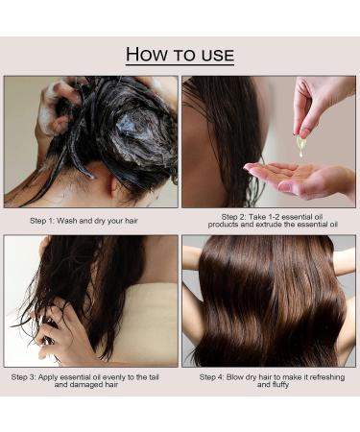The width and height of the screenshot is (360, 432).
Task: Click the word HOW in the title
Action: point(147,54)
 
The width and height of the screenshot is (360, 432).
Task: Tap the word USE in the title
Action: point(218,55)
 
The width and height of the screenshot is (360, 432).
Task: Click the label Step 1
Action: point(42,221)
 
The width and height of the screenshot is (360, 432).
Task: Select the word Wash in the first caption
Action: point(66,221)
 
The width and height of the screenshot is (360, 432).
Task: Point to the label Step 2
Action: point(233,217)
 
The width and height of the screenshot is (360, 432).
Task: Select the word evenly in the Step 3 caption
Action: point(114,377)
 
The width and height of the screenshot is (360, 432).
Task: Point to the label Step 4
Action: point(211,377)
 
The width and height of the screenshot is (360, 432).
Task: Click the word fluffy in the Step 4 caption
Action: point(280,385)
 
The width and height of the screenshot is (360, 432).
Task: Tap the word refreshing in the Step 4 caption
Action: point(327,377)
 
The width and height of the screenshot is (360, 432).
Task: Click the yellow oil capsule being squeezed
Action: point(300,146)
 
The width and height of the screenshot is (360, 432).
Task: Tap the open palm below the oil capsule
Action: point(300,180)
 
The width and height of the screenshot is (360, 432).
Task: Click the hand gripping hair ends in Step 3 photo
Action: point(60,336)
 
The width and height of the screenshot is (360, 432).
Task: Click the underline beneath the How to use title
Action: point(180,65)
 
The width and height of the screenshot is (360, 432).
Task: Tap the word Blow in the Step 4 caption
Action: point(235,377)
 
